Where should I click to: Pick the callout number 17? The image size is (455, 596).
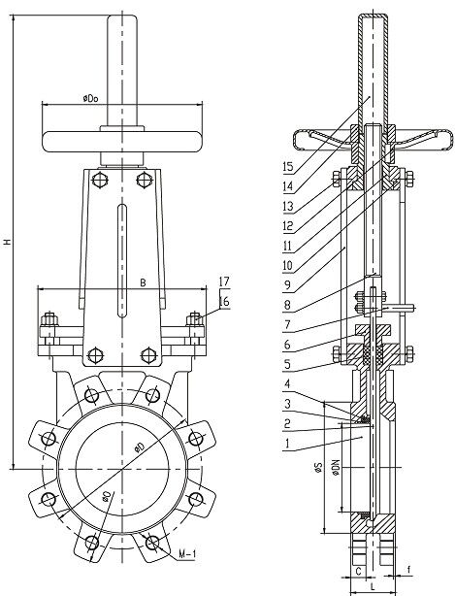coord(224,281)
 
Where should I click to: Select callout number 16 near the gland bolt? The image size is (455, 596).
coord(224,302)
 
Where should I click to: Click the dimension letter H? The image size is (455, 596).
coord(8,243)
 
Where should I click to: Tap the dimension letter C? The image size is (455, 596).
coord(358,571)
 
